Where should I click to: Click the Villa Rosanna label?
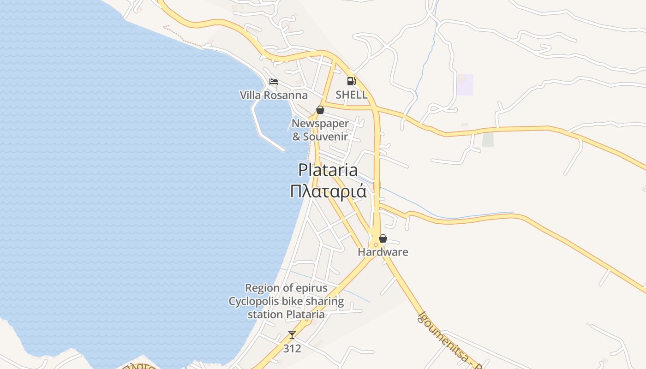coord(274,95)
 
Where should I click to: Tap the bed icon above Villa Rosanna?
coord(274,82)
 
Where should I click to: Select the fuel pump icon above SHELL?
coord(352,81)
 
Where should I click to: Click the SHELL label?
coord(352,95)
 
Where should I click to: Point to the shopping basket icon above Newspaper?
coord(320,110)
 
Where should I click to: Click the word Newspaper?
coord(320,124)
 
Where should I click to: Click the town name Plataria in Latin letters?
coord(328,170)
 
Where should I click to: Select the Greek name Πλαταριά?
coord(328,191)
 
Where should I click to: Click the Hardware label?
coord(383,252)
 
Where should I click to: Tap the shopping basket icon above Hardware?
coord(383,238)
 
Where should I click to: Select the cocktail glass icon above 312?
coord(292,334)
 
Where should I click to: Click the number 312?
coord(292,348)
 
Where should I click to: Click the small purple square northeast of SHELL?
coord(465,84)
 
